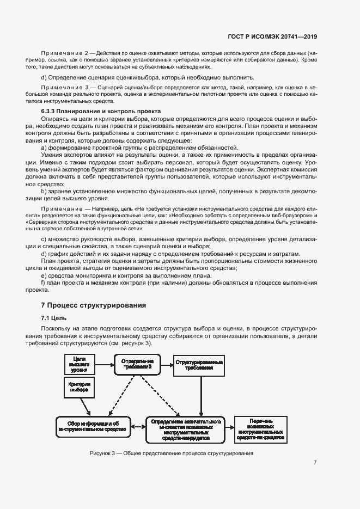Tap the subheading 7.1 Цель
pyautogui.click(x=54, y=318)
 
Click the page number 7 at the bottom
pyautogui.click(x=315, y=462)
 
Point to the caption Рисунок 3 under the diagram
pyautogui.click(x=172, y=453)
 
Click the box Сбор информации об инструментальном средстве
pyautogui.click(x=93, y=426)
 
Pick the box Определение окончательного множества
pyautogui.click(x=186, y=429)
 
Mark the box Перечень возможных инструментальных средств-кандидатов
pyautogui.click(x=260, y=429)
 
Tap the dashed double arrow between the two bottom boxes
pyautogui.click(x=138, y=426)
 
